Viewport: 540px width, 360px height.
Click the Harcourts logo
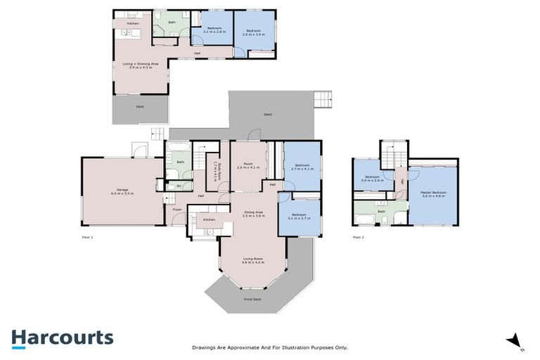62,337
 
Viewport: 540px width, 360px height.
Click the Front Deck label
252,300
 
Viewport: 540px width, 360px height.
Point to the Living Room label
252,261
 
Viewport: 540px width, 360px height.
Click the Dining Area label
253,214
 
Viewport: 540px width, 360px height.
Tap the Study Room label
219,172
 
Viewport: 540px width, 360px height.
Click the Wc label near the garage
179,186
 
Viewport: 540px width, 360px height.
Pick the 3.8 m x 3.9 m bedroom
253,32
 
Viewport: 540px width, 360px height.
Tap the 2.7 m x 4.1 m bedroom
302,168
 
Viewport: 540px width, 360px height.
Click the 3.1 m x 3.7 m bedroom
300,217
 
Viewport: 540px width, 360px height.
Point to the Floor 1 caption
87,238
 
